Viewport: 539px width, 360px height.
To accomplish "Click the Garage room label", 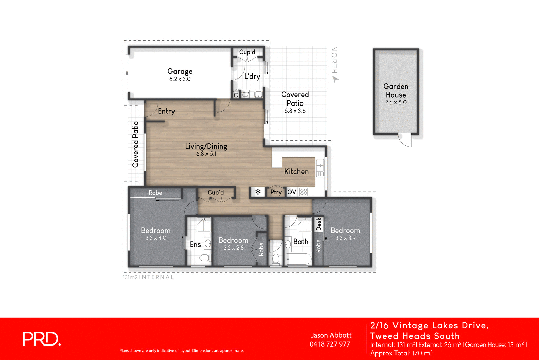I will click(x=180, y=71).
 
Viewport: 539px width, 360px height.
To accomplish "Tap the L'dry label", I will click(x=252, y=77).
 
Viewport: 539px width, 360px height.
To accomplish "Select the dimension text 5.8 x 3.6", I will click(x=295, y=111).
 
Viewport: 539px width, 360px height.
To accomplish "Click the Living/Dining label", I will click(x=206, y=146).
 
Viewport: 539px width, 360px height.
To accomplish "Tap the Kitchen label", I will click(x=296, y=172).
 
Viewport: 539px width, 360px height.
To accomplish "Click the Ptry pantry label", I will click(x=276, y=192).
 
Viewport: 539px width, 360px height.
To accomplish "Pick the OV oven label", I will click(x=292, y=192).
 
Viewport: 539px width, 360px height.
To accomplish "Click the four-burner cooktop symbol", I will click(x=304, y=192).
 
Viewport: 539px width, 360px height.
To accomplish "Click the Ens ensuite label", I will click(x=195, y=245).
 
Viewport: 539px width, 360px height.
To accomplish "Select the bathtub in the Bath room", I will click(x=298, y=259).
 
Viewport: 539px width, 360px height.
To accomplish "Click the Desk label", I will click(x=319, y=224).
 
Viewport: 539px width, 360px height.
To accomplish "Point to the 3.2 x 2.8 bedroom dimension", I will click(x=233, y=248).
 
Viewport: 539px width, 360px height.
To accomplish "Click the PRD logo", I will click(x=41, y=339).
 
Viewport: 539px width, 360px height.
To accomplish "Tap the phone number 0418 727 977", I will click(x=330, y=344).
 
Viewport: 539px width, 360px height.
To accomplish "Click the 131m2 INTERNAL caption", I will click(x=148, y=277).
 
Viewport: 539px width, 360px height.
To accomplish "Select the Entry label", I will click(x=166, y=111).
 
